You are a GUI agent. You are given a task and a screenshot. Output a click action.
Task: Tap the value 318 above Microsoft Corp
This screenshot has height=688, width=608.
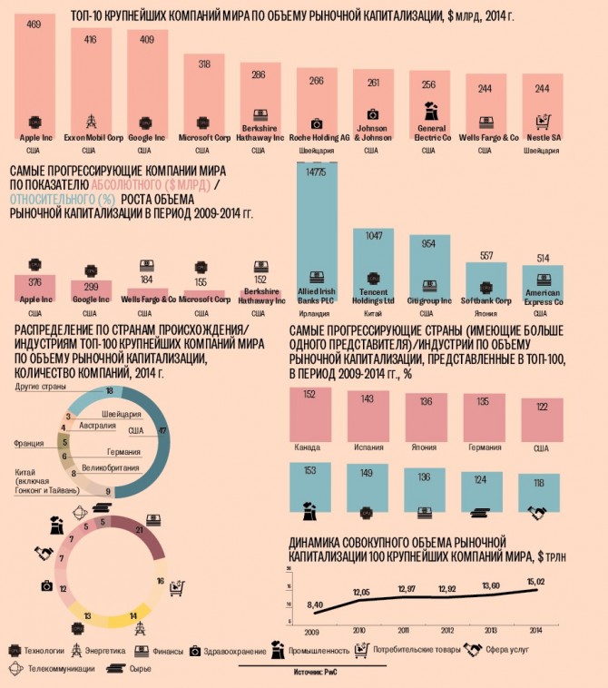pyautogui.click(x=203, y=64)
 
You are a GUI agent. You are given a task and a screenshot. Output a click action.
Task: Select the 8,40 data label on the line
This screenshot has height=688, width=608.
pyautogui.click(x=315, y=604)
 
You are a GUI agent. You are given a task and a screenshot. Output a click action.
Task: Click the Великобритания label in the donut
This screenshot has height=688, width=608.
pyautogui.click(x=109, y=467)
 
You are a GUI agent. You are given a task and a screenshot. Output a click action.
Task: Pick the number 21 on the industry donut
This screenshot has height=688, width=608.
pyautogui.click(x=139, y=529)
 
